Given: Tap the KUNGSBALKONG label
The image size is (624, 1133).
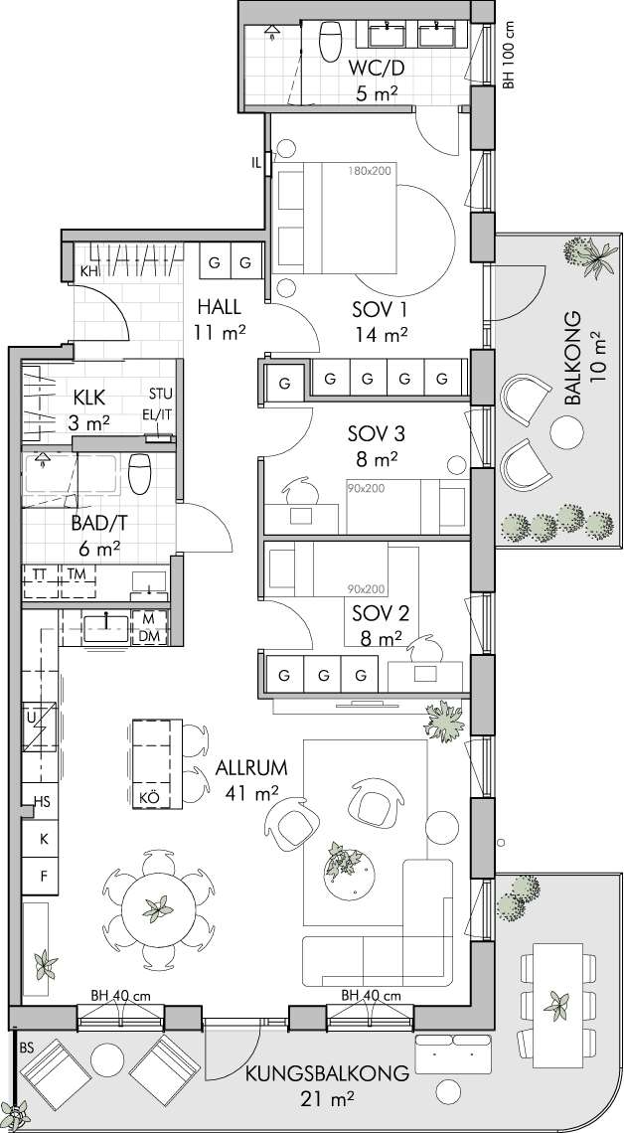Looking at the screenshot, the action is [x=327, y=1073].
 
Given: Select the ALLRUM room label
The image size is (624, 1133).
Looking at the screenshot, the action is [x=251, y=767].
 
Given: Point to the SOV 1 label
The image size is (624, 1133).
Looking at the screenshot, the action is [x=380, y=310].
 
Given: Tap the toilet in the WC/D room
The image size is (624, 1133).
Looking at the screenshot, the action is [x=331, y=41].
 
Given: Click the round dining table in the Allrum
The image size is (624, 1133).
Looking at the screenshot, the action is [x=158, y=908].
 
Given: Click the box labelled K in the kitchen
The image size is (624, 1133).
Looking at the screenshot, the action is [x=44, y=839].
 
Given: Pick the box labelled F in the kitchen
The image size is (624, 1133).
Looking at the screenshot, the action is [x=44, y=877].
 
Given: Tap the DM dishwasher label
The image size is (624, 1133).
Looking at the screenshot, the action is [x=149, y=636].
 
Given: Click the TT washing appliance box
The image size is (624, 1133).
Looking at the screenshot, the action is [x=41, y=581].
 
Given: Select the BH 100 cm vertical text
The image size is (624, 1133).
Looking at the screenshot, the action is [x=509, y=55].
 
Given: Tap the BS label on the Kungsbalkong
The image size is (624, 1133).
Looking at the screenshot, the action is [x=27, y=1047].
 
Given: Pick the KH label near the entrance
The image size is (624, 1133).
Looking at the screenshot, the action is [x=88, y=271].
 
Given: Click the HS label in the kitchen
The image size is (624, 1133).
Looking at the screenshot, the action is [x=43, y=802].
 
